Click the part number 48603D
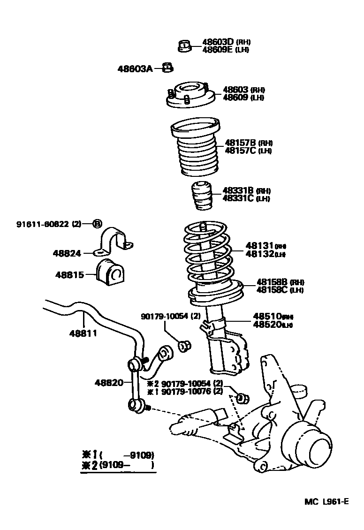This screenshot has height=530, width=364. coord(218,42)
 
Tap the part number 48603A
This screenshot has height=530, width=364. coord(135,69)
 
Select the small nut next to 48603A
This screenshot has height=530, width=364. coord(167,68)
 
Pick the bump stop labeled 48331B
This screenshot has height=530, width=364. coord(201,197)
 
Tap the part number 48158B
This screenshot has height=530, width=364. coord(272,282)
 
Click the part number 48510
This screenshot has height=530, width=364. coord(267,316)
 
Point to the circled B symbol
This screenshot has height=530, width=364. coord(97,224)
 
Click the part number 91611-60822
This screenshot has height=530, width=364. coord(43,224)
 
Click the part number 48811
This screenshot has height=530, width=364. coord(83,333)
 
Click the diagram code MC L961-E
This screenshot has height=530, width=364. coord(326,501)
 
